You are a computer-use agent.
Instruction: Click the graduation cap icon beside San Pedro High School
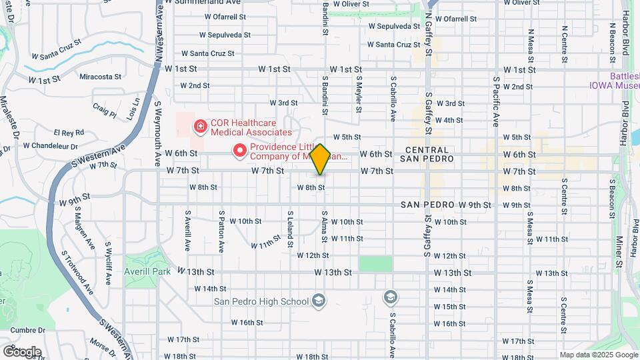point(319,301)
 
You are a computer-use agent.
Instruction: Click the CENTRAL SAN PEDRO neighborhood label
point(427,155)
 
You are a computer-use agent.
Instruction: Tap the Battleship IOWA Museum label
point(623,81)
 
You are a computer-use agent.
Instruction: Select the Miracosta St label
point(100,77)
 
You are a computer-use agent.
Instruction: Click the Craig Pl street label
point(105,109)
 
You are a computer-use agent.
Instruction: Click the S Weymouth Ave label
point(159,131)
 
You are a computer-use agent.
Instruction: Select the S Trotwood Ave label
point(78,271)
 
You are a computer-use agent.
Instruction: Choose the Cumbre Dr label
point(28,329)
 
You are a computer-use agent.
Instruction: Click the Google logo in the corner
point(21,351)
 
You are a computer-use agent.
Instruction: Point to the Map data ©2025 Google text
point(598,355)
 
